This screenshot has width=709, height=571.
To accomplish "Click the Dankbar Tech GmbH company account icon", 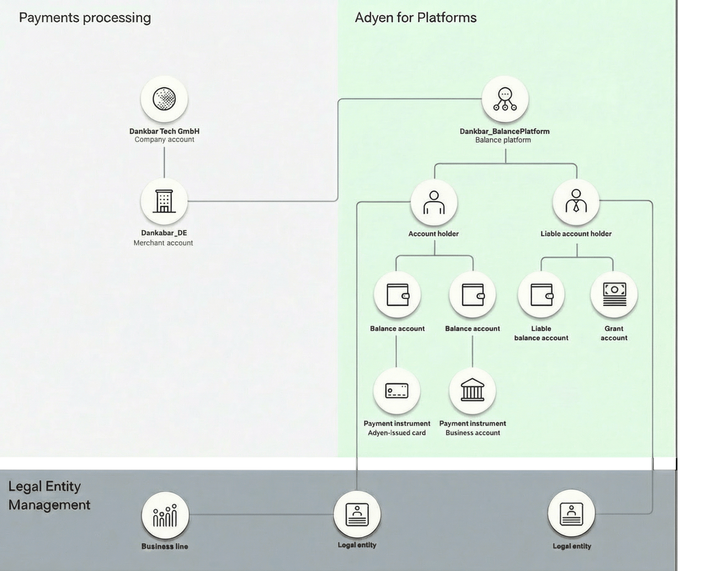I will [x=164, y=99].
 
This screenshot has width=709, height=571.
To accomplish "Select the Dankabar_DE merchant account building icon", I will [x=164, y=202].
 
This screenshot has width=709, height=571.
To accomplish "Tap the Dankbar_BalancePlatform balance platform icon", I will [x=505, y=99].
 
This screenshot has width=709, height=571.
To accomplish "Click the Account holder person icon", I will [x=434, y=202].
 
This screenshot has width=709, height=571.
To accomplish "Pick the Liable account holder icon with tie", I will [x=576, y=201].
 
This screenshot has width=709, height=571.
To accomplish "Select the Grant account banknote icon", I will [x=614, y=295].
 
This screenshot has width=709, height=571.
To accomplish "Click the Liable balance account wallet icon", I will [x=541, y=295].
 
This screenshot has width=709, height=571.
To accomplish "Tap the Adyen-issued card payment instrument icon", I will [x=397, y=391].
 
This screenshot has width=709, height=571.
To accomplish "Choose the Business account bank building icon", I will [x=472, y=390].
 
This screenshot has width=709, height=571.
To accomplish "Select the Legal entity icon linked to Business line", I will [x=357, y=514].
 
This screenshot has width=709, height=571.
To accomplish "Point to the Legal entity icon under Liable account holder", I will [x=571, y=514].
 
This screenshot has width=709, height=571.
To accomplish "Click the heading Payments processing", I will [x=85, y=18].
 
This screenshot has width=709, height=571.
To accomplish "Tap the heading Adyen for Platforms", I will [x=415, y=18].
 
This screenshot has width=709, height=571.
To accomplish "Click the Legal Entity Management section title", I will [x=49, y=495].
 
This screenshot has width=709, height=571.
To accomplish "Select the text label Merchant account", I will [x=163, y=243].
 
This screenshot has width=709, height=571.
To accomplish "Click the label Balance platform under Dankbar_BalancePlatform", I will [x=503, y=140].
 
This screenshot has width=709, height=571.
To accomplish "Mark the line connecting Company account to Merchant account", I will [x=164, y=162].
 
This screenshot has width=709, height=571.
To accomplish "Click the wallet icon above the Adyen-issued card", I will [x=397, y=295].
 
